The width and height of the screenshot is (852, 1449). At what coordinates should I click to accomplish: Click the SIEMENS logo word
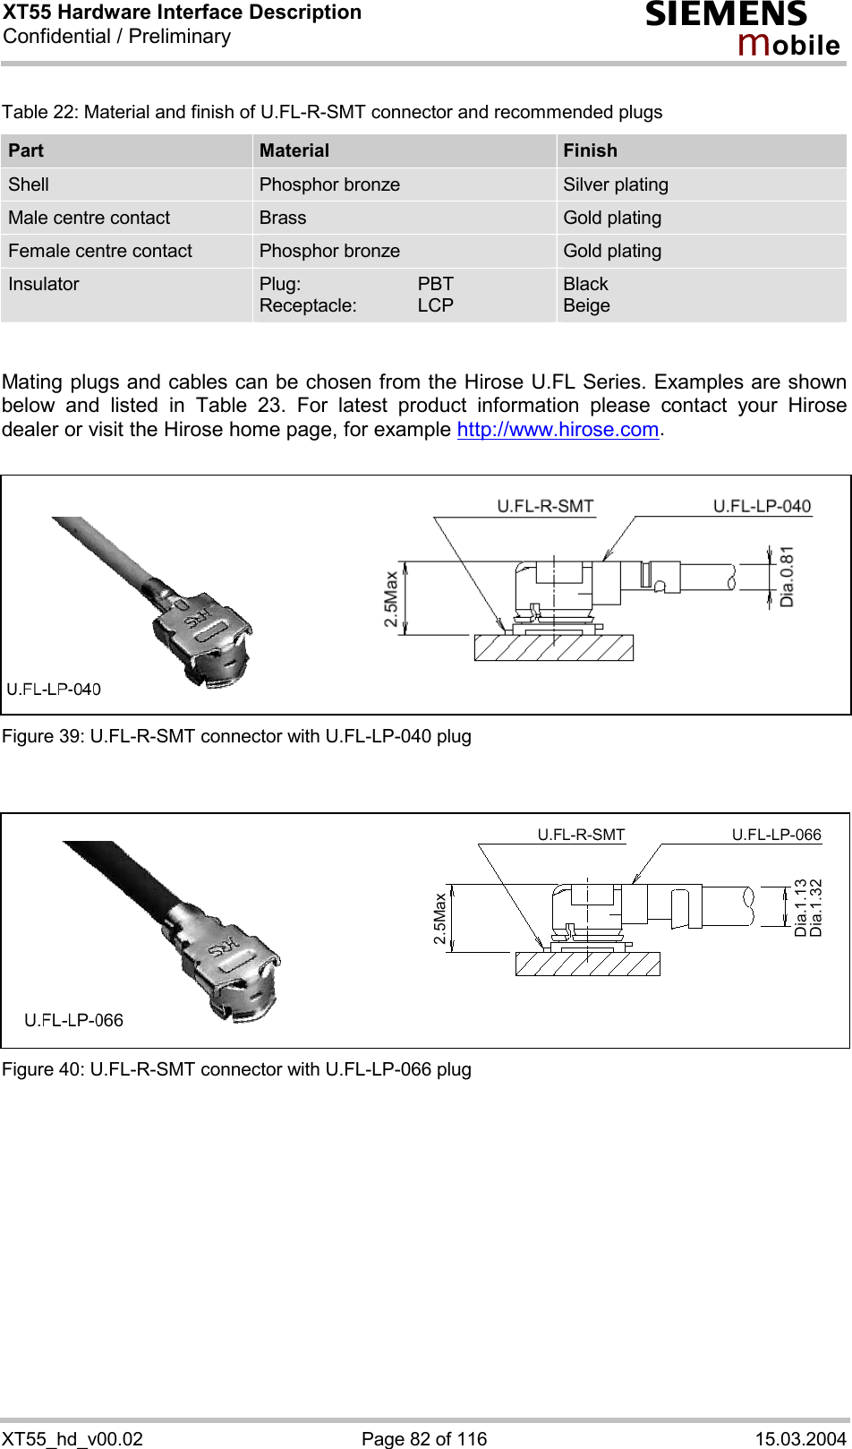coord(726,15)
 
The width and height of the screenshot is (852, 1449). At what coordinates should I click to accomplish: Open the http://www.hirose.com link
coord(558,430)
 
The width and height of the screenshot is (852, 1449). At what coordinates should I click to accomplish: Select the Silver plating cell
coord(616,184)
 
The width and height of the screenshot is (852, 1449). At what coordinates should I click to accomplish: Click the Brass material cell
coord(283,218)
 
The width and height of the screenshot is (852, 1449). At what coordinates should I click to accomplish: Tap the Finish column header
coord(590,150)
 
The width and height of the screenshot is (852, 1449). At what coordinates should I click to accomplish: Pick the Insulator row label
coord(44,284)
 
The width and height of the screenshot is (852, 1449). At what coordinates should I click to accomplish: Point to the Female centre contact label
coord(100,251)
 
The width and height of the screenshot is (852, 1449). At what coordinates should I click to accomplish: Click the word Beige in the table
coord(586,305)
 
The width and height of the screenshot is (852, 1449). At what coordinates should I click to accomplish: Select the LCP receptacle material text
coord(435,305)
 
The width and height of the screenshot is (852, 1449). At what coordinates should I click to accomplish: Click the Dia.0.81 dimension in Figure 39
coord(787,577)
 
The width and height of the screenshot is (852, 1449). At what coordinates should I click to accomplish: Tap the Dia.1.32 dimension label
coord(815,907)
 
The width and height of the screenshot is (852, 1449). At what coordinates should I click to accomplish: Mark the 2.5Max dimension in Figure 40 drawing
coord(439,918)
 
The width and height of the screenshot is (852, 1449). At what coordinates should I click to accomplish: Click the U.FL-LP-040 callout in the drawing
coord(762,506)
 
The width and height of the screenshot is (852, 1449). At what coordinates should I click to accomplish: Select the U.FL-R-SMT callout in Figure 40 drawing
coord(581,835)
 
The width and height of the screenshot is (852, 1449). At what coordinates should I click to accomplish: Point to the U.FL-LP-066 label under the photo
coord(73,1020)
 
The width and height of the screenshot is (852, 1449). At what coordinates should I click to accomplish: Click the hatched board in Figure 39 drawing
coord(553,647)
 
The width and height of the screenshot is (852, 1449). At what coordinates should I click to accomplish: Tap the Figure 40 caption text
coord(236,1069)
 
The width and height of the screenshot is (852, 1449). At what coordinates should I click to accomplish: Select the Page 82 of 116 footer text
coord(424,1438)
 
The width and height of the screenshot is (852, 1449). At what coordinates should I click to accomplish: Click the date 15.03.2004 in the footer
coord(800,1438)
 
